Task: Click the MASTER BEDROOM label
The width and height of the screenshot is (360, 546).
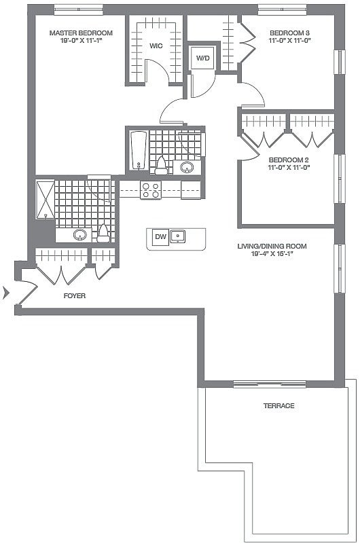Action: (x=81, y=33)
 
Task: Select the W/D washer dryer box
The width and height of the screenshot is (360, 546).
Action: (x=203, y=58)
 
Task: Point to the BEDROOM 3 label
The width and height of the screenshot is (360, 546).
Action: (x=290, y=33)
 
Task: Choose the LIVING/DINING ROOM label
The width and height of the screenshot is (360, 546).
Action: (x=272, y=246)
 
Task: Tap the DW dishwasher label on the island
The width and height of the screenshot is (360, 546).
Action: (x=161, y=237)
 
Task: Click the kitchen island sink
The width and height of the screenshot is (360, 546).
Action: (x=179, y=237)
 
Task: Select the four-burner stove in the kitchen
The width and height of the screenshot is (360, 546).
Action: (x=151, y=190)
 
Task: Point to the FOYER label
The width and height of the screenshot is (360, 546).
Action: (x=75, y=296)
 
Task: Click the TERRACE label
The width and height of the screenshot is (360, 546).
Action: (x=279, y=405)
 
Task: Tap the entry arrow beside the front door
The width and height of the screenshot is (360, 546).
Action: (x=7, y=293)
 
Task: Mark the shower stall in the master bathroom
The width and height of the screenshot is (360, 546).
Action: (x=45, y=199)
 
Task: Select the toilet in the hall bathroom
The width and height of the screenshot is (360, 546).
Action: (x=161, y=166)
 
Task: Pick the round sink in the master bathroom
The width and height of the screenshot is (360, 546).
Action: (x=79, y=235)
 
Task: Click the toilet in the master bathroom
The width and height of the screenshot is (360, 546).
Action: (x=103, y=234)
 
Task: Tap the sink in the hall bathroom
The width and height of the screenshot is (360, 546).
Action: (x=187, y=167)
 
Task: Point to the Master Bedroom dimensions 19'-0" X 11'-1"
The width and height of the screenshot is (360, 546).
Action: (x=81, y=41)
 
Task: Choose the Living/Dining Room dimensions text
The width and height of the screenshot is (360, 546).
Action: (x=272, y=255)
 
